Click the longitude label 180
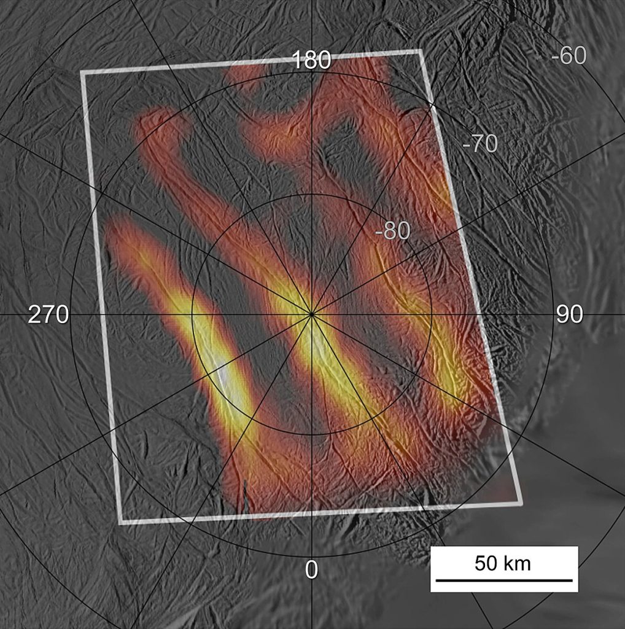tap(312, 61)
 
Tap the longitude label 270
tap(47, 314)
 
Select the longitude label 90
tap(569, 314)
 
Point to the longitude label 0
tap(311, 570)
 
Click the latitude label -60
tap(569, 56)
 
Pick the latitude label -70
tap(479, 144)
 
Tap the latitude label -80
tap(394, 232)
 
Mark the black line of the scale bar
tap(503, 579)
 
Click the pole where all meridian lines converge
tap(311, 314)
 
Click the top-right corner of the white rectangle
tap(421, 52)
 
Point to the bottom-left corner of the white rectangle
tap(121, 523)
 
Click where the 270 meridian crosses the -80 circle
tap(192, 314)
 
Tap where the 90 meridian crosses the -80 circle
tap(432, 314)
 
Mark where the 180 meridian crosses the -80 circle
tap(311, 194)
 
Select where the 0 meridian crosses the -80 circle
tap(311, 435)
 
